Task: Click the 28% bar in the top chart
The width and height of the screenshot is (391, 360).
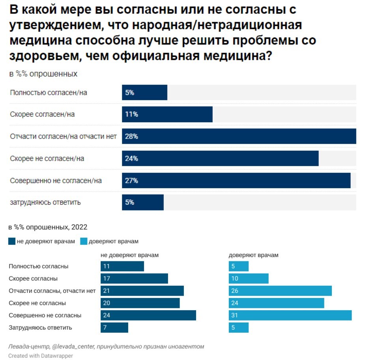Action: pyautogui.click(x=239, y=136)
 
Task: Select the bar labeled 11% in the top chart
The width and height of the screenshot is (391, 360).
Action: pyautogui.click(x=167, y=114)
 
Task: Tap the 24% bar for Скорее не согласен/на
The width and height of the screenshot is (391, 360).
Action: pyautogui.click(x=220, y=158)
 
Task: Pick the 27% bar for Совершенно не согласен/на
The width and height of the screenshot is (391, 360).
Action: pyautogui.click(x=236, y=180)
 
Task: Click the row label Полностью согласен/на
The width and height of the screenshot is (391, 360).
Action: pyautogui.click(x=48, y=92)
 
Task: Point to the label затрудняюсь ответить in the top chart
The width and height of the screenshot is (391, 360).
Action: pyautogui.click(x=45, y=202)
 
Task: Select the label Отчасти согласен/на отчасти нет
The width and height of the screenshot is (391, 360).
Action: pyautogui.click(x=63, y=137)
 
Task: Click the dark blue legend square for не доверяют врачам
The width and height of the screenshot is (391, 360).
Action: pyautogui.click(x=12, y=241)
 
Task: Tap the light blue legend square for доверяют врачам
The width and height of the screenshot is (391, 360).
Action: pyautogui.click(x=84, y=241)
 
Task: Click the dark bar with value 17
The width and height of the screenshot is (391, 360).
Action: pyautogui.click(x=134, y=278)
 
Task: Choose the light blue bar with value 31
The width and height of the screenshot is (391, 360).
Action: pyautogui.click(x=290, y=315)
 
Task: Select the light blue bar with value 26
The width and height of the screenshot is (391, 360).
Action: pyautogui.click(x=280, y=291)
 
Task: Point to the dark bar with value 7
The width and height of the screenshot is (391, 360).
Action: pyautogui.click(x=114, y=328)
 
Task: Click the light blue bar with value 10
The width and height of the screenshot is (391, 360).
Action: pyautogui.click(x=249, y=278)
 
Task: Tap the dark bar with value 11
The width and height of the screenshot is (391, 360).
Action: pyautogui.click(x=122, y=266)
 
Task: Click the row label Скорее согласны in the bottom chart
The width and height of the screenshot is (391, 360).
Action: pyautogui.click(x=33, y=278)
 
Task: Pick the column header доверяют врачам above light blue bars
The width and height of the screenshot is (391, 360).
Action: pyautogui.click(x=253, y=255)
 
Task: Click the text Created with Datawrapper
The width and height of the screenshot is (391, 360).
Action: pyautogui.click(x=41, y=356)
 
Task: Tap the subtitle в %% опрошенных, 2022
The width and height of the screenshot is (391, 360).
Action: pyautogui.click(x=48, y=227)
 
